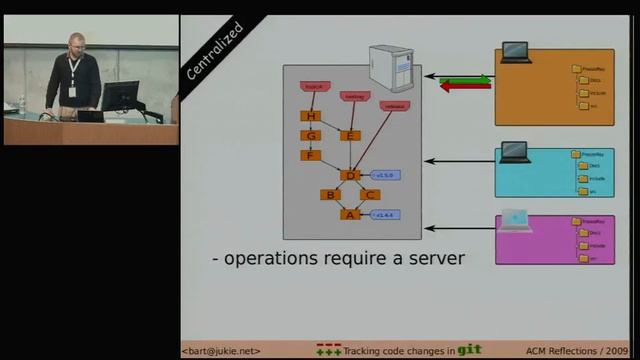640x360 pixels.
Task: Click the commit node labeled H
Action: [x=311, y=116]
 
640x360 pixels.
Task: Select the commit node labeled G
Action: [x=311, y=135]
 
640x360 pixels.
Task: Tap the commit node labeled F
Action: [x=311, y=155]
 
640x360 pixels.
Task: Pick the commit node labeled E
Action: [x=349, y=135]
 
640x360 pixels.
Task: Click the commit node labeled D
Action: [x=349, y=175]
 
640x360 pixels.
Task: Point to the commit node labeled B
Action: [x=330, y=194]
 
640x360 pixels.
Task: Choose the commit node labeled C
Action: [x=369, y=194]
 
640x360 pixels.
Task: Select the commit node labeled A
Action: [x=349, y=214]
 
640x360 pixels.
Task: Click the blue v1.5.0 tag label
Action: [x=386, y=175]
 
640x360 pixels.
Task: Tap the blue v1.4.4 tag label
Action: [x=386, y=214]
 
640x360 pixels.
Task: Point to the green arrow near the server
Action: [x=466, y=78]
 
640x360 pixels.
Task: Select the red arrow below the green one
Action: [x=466, y=87]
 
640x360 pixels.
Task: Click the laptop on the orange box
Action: [x=516, y=50]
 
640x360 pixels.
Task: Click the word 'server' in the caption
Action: [x=431, y=258]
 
